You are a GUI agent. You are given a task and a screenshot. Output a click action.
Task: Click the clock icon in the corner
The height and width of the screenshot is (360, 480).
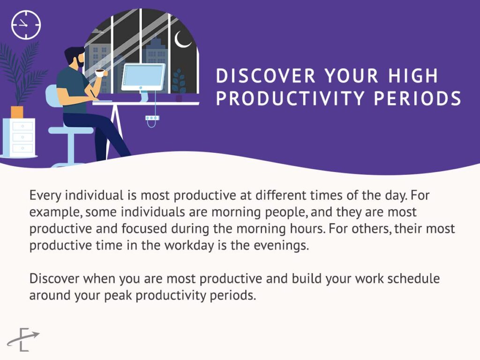(x=26, y=25)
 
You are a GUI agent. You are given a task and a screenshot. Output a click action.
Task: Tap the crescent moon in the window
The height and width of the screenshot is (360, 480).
(x=181, y=41)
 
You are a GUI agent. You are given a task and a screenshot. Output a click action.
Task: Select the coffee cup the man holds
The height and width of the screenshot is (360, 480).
(x=99, y=73)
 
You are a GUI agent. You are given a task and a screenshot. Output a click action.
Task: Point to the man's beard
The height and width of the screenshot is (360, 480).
(x=80, y=63)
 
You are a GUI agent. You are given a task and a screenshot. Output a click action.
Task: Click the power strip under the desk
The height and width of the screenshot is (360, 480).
(x=152, y=118)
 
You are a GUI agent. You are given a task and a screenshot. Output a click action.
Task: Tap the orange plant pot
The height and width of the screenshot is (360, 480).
(x=17, y=112)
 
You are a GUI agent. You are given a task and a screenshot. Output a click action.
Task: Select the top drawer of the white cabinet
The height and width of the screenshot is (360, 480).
(x=22, y=126)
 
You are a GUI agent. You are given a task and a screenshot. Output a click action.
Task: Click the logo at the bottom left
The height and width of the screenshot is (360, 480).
(x=23, y=339)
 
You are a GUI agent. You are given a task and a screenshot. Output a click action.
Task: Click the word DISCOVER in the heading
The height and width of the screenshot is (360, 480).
(x=261, y=76)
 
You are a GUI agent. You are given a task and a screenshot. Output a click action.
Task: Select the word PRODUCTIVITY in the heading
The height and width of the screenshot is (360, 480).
(x=290, y=98)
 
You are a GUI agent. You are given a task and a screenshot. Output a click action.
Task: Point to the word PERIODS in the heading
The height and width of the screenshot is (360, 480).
(x=417, y=98)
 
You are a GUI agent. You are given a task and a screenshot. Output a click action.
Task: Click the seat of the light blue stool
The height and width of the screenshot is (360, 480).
(x=71, y=130)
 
